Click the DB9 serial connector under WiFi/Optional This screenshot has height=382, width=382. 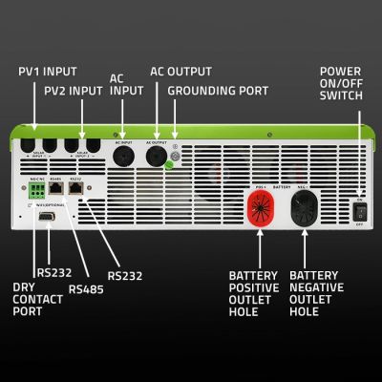click(x=48, y=217)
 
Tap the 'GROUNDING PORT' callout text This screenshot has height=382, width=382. click(x=218, y=91)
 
